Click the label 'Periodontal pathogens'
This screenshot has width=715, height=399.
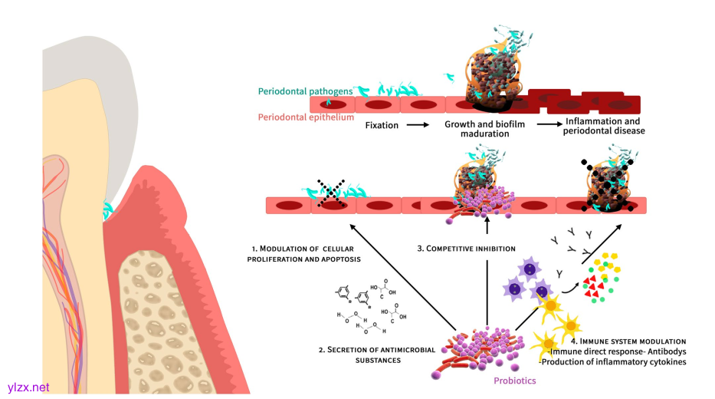(x=305, y=91)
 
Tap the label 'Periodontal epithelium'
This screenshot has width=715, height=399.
(x=306, y=117)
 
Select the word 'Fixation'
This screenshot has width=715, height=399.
(x=382, y=126)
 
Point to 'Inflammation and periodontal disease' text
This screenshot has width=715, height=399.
(x=604, y=127)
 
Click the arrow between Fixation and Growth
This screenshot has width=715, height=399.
(x=416, y=126)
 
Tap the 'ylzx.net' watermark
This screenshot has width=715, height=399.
(x=28, y=387)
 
